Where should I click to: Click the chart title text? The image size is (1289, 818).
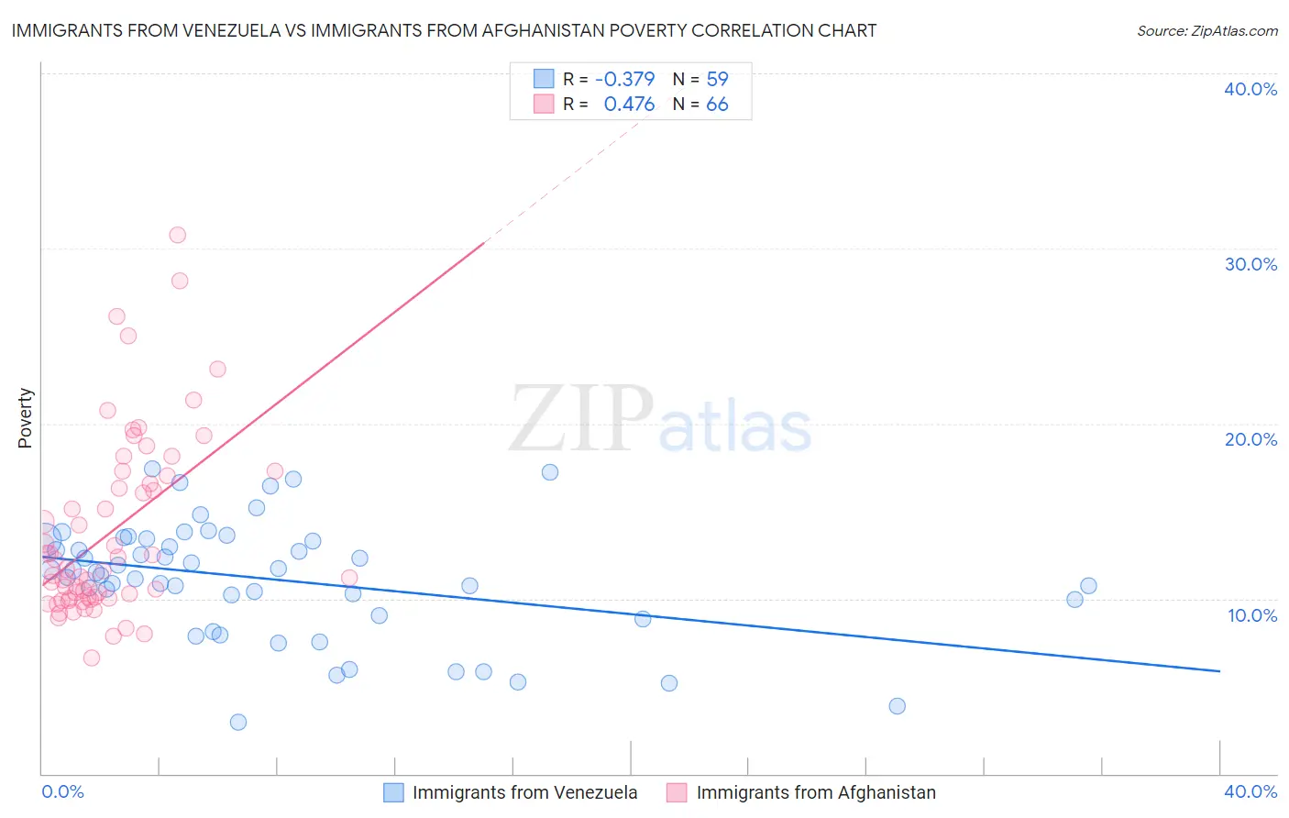444,30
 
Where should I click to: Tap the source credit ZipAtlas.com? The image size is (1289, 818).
1206,30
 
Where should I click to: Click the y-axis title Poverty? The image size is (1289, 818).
25,418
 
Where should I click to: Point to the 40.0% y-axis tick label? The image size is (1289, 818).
1250,89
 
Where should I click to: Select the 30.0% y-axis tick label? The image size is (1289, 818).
1250,264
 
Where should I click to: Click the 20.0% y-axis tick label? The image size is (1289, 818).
1250,439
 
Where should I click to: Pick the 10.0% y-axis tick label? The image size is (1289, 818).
1252,615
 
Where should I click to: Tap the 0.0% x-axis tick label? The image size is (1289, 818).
62,791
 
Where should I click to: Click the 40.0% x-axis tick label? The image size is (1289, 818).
1250,791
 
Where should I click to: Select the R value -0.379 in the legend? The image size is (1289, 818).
624,79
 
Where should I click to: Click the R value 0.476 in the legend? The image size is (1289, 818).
629,105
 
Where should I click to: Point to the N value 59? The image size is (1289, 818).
717,79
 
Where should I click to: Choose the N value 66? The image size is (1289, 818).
717,105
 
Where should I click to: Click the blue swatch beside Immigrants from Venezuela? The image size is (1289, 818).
393,792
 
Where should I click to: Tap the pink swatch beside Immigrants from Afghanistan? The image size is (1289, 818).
677,792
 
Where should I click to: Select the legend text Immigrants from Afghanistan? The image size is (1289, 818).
816,792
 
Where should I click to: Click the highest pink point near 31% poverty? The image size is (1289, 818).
178,235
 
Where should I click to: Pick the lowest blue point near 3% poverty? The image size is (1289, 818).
238,722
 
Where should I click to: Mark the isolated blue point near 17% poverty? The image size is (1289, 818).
550,472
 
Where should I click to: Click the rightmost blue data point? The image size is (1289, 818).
1088,586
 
